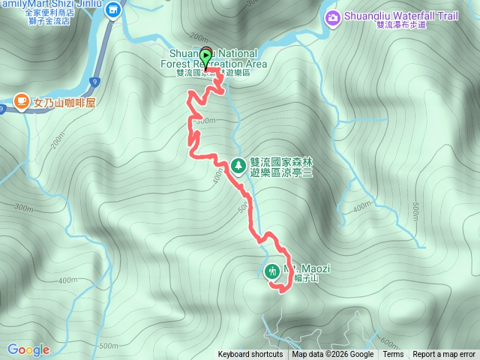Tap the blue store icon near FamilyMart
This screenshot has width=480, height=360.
(x=113, y=10)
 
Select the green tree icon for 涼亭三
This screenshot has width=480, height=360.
(x=238, y=164)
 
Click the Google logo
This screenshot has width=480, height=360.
(x=28, y=349)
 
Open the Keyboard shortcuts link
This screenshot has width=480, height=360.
(x=250, y=355)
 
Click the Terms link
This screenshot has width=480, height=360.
(x=393, y=355)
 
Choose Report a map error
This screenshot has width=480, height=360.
(x=444, y=355)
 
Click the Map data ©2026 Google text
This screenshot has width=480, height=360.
(x=333, y=355)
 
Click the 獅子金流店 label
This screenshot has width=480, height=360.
(x=66, y=22)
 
